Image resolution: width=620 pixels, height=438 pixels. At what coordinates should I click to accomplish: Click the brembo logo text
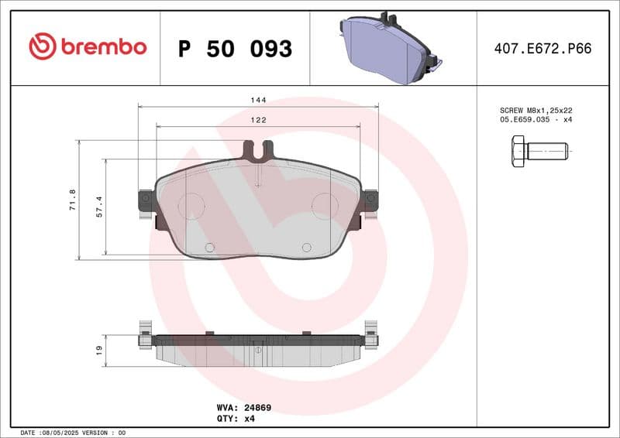[x=103, y=47]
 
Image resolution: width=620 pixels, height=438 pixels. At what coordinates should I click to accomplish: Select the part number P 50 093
[x=235, y=49]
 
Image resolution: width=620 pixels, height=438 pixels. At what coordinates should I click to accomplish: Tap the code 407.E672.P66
[x=542, y=48]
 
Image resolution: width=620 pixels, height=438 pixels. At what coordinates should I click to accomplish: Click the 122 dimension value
[x=258, y=120]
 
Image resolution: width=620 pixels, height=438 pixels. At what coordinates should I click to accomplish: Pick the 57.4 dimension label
[x=99, y=207]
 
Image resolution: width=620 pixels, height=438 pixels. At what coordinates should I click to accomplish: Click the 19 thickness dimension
[x=99, y=351]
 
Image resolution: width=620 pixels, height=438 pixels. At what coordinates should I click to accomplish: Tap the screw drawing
[x=539, y=150]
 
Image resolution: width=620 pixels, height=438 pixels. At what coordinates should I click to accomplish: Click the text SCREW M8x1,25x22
[x=536, y=110]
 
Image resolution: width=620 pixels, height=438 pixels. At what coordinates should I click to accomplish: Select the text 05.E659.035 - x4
[x=536, y=120]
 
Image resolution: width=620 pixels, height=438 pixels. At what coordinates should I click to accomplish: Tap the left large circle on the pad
[x=191, y=204]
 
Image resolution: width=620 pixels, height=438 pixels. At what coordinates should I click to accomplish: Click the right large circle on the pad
[x=324, y=204]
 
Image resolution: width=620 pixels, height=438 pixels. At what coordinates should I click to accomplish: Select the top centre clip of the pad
[x=257, y=149]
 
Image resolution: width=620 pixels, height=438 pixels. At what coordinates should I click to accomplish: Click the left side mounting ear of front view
[x=145, y=203]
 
